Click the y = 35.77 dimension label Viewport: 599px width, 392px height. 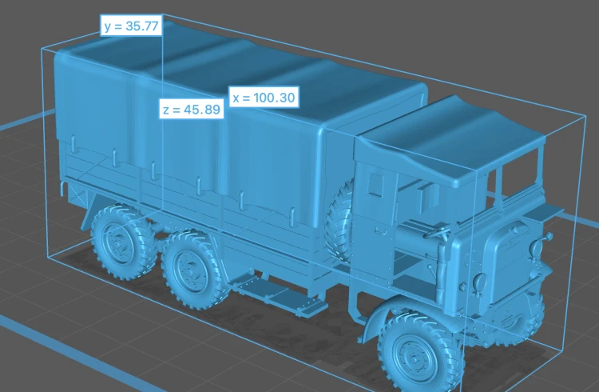click(131, 26)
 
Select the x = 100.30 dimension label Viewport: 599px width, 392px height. click(264, 98)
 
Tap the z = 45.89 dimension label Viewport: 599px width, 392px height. click(192, 109)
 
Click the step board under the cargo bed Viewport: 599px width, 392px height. click(279, 294)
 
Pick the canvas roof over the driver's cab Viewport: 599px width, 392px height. click(450, 141)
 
